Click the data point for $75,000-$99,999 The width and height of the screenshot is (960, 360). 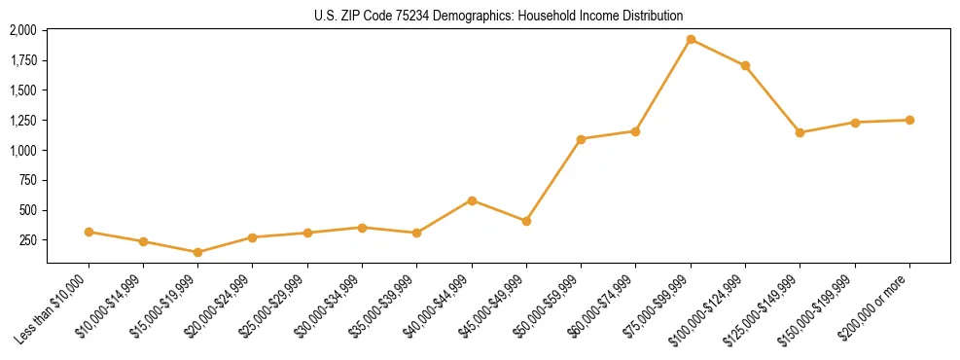pyautogui.click(x=691, y=40)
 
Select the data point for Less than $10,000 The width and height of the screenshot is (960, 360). pyautogui.click(x=89, y=232)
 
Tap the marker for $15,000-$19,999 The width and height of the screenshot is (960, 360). pyautogui.click(x=198, y=252)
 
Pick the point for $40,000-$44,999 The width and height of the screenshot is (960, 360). pyautogui.click(x=472, y=200)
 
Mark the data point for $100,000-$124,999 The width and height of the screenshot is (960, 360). pyautogui.click(x=745, y=66)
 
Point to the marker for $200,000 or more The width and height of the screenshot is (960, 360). pyautogui.click(x=909, y=120)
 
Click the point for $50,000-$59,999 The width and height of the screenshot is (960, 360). pyautogui.click(x=581, y=139)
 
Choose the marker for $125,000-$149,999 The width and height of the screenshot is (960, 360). pyautogui.click(x=800, y=132)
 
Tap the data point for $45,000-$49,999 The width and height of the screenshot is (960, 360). pyautogui.click(x=526, y=221)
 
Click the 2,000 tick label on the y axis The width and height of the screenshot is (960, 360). pyautogui.click(x=22, y=30)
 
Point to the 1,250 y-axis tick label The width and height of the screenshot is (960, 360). pyautogui.click(x=22, y=121)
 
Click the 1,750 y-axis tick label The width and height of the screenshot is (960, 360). pyautogui.click(x=22, y=60)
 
